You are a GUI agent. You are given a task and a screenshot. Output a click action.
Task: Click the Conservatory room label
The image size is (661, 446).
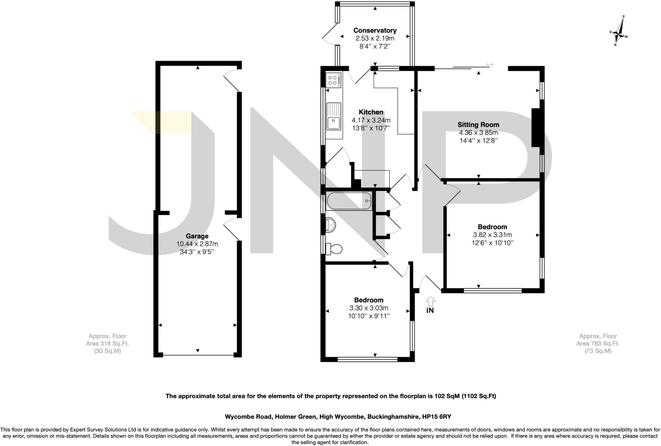pos(375,30)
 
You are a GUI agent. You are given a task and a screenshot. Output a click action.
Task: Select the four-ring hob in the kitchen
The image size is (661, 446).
pos(333,80)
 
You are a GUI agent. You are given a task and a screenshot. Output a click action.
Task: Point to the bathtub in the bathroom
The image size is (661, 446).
pos(349,201)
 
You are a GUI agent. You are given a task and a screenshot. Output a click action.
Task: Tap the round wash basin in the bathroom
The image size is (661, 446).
pos(331,225)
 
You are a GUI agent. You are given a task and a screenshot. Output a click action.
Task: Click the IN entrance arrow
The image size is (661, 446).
pos(430,302)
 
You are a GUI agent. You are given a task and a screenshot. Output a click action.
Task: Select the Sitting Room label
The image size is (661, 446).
pos(478,125)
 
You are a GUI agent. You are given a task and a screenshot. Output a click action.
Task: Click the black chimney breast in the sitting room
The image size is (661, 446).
pos(536,128)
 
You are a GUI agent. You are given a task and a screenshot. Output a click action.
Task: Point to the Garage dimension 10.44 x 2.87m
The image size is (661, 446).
pos(197,244)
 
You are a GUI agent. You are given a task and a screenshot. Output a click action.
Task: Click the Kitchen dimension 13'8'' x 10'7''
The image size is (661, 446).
pos(371,128)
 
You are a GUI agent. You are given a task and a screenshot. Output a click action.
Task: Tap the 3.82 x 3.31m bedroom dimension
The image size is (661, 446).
pos(492,235)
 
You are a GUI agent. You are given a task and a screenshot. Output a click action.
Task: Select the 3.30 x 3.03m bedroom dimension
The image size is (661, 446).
pos(369,308)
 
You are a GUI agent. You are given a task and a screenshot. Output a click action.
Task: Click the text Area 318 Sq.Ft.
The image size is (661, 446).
pos(107,344)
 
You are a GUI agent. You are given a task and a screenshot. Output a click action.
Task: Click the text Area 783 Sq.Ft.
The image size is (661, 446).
pos(598,344)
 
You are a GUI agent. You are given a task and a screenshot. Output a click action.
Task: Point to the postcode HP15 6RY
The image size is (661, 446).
pos(437,417)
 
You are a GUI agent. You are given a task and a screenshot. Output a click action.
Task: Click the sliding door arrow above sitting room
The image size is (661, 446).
pos(490,65)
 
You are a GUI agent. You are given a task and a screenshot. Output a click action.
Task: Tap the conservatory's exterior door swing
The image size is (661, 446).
pos(329,36)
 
